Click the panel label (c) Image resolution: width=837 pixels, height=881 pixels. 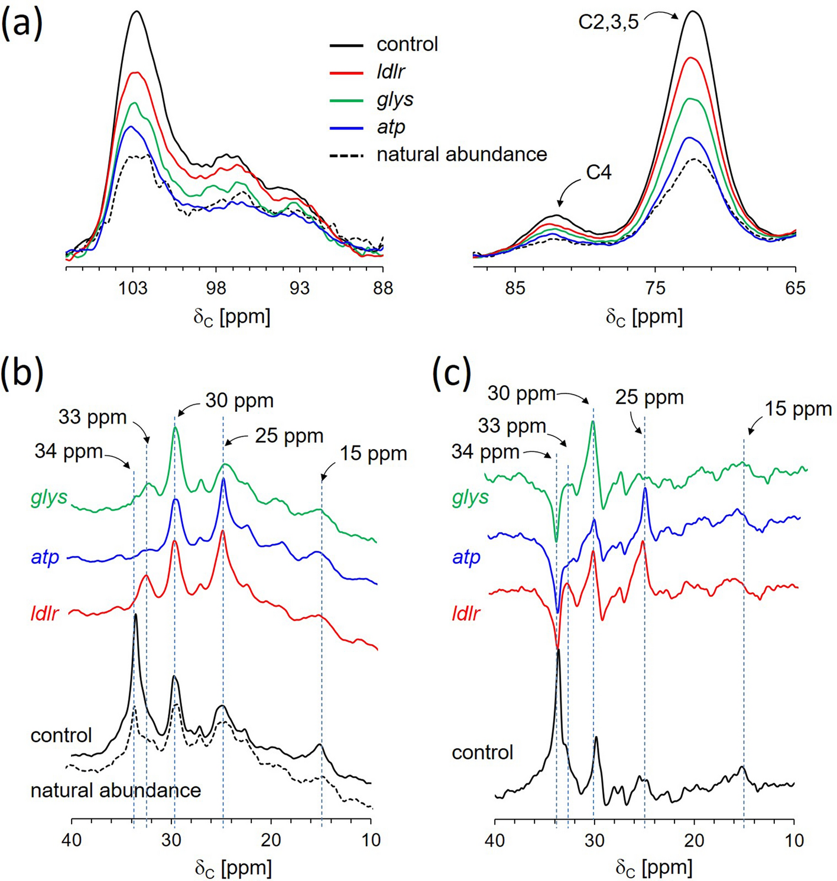(x=452, y=373)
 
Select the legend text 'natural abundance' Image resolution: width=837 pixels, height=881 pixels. (x=462, y=154)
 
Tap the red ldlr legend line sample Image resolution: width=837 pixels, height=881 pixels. (x=346, y=72)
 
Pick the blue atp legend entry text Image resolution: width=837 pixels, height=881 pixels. (x=391, y=126)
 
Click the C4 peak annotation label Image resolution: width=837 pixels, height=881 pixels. (x=598, y=173)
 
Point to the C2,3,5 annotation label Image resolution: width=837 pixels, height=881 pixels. (x=608, y=22)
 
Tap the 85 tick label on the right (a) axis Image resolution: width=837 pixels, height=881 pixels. (x=515, y=288)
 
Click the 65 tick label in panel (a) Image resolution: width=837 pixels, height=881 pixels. (x=795, y=288)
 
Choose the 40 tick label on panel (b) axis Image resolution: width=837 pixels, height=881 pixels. (x=72, y=840)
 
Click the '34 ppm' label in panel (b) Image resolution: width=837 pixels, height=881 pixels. (x=69, y=451)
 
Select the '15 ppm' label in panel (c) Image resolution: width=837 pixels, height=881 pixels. (x=798, y=409)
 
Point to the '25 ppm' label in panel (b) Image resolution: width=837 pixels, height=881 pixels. (x=289, y=436)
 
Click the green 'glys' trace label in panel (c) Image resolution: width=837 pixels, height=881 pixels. (x=471, y=498)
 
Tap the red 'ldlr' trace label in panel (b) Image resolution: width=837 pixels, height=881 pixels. (x=45, y=613)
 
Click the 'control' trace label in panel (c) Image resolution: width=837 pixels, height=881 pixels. (x=482, y=752)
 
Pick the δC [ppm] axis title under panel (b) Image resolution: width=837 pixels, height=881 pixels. (x=233, y=868)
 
